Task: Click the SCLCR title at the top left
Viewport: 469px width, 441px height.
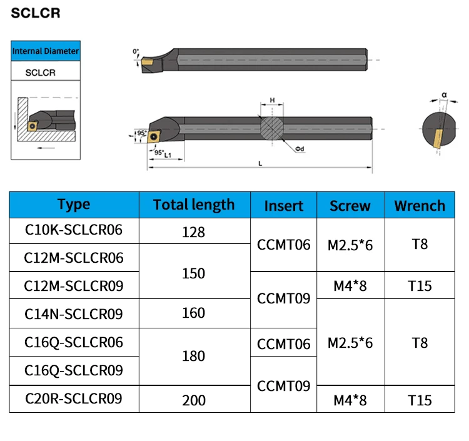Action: (x=36, y=13)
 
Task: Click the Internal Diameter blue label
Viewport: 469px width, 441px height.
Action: (x=46, y=51)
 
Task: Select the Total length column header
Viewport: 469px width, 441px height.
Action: (x=194, y=205)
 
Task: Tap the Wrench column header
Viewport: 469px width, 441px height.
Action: (x=420, y=206)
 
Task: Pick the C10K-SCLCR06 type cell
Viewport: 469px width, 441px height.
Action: (x=74, y=230)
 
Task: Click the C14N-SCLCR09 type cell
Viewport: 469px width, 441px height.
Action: (x=74, y=314)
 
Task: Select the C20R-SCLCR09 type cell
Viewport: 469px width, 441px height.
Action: (x=74, y=398)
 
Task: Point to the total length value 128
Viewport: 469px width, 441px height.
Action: (x=193, y=232)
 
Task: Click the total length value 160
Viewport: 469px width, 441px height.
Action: (x=193, y=313)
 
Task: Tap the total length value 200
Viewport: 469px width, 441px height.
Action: (x=194, y=400)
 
